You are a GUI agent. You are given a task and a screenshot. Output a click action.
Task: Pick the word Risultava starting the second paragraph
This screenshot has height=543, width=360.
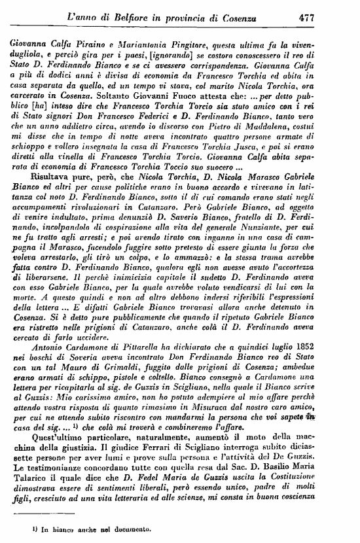click(52, 181)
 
